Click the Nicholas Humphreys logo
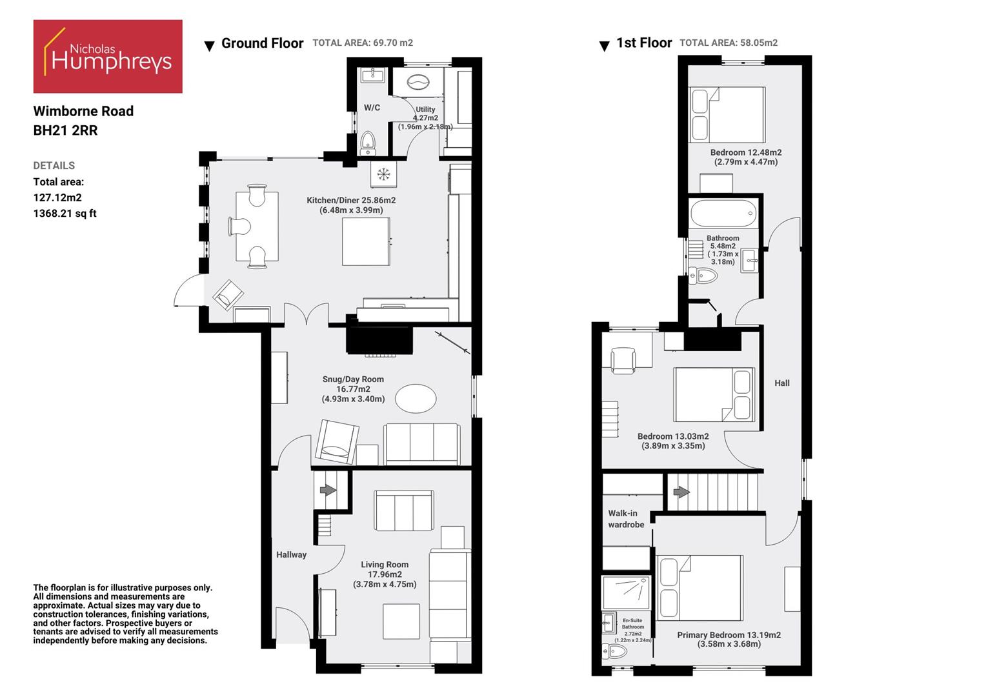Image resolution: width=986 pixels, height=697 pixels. tap(108, 56)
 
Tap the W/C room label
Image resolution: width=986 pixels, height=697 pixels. tap(372, 108)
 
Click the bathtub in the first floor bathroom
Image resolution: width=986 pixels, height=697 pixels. tap(723, 213)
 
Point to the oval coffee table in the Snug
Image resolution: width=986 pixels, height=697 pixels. tap(415, 398)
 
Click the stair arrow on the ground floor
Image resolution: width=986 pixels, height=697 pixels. tap(328, 490)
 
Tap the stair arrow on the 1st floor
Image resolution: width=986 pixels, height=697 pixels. tap(681, 492)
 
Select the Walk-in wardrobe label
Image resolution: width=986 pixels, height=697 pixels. tap(625, 519)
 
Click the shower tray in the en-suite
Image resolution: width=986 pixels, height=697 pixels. tap(625, 592)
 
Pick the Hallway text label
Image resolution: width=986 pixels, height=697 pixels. tap(291, 554)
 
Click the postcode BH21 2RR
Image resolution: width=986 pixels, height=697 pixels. tap(65, 130)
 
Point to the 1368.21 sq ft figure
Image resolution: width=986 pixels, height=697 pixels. tap(65, 214)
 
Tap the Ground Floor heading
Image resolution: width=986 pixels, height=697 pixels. tap(262, 43)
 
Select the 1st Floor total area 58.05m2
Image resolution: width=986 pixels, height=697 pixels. tap(729, 43)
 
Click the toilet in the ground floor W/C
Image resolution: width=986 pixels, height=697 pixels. tap(368, 143)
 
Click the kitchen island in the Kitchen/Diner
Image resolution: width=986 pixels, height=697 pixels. tap(366, 241)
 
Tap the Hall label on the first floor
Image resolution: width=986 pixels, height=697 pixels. tap(781, 383)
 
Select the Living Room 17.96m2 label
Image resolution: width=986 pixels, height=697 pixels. tap(385, 574)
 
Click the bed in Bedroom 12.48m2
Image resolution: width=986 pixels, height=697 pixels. tap(727, 115)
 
